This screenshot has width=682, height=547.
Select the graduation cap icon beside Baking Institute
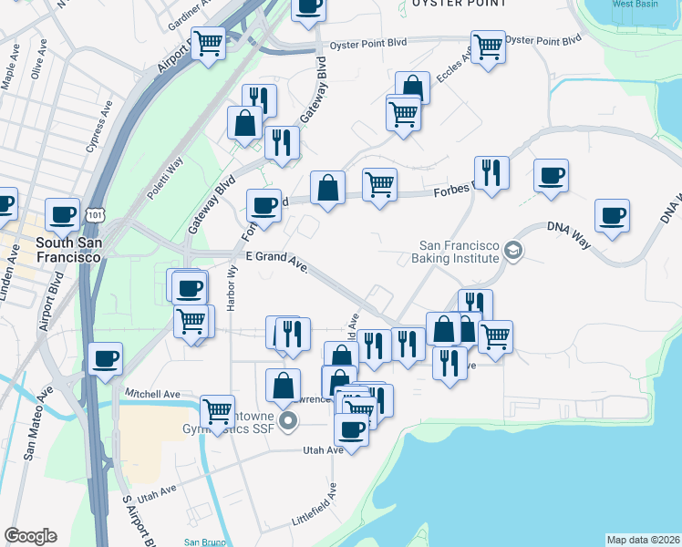tap(513, 250)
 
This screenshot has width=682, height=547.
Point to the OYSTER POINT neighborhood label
tap(459, 4)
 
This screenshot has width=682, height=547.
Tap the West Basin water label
tap(635, 4)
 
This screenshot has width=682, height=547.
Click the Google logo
tap(30, 536)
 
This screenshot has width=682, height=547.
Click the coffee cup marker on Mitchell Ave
tap(106, 357)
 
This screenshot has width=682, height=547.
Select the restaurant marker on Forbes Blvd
tap(491, 170)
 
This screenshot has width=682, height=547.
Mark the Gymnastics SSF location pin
tap(289, 421)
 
